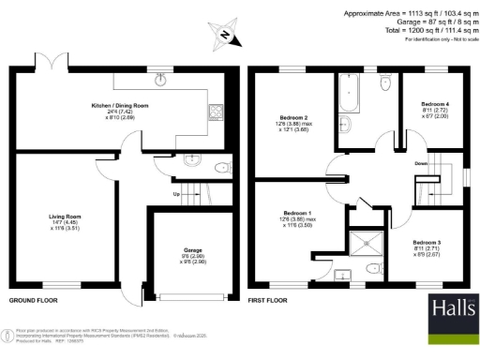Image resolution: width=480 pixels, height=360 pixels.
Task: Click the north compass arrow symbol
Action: point(224,36)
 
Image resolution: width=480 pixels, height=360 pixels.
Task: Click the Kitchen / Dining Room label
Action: point(119,105)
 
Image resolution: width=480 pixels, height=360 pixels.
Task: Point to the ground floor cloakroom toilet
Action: point(221,168)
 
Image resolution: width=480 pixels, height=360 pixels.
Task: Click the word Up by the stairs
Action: point(174,194)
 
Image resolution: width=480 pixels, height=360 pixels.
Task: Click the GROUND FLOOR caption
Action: point(35,301)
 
